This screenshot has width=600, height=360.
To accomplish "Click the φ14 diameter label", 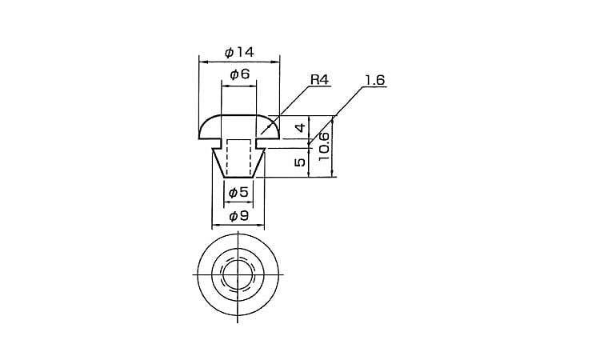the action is tap(239, 53).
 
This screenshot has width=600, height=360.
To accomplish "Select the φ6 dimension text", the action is tap(239, 74).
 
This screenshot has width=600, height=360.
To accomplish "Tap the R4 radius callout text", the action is tap(318, 80).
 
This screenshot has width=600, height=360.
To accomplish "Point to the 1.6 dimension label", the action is tap(374, 80).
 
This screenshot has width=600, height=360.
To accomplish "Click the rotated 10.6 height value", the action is tap(324, 146).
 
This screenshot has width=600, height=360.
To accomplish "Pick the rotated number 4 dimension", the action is tap(301, 127).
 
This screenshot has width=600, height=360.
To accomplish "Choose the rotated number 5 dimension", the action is tap(301, 162).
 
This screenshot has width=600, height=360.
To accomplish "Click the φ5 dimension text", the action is tap(238, 193).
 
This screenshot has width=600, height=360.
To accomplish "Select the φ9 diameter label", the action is tap(238, 217).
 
